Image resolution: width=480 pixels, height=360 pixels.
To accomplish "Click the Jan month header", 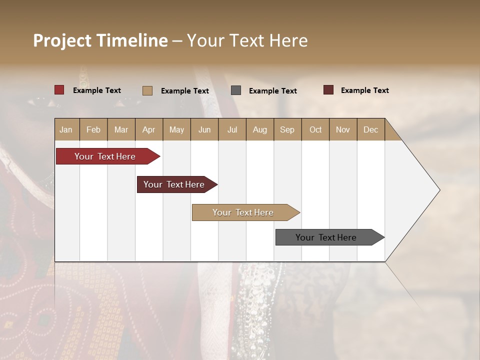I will (66, 129).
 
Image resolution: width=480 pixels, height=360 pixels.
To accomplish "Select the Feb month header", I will (93, 129).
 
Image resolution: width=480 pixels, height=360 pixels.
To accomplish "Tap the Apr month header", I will (148, 129).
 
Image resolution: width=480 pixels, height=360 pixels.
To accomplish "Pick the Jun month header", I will (204, 129).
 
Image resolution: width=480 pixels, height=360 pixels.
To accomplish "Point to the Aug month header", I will (259, 129).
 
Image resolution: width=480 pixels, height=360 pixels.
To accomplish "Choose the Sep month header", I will (287, 129).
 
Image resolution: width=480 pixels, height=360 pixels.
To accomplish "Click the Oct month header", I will (315, 129).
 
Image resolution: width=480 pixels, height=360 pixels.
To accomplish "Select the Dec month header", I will (370, 129).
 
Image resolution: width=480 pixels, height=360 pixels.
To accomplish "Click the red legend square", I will (59, 90).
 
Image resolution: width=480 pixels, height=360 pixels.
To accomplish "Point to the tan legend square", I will (147, 90).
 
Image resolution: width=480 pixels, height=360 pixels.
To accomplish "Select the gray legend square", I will (236, 90).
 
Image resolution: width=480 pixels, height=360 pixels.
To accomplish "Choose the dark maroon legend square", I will (328, 90).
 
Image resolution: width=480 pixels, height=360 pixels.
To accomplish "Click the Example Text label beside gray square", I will (272, 91).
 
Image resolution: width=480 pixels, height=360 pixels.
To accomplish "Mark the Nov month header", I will (342, 129).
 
